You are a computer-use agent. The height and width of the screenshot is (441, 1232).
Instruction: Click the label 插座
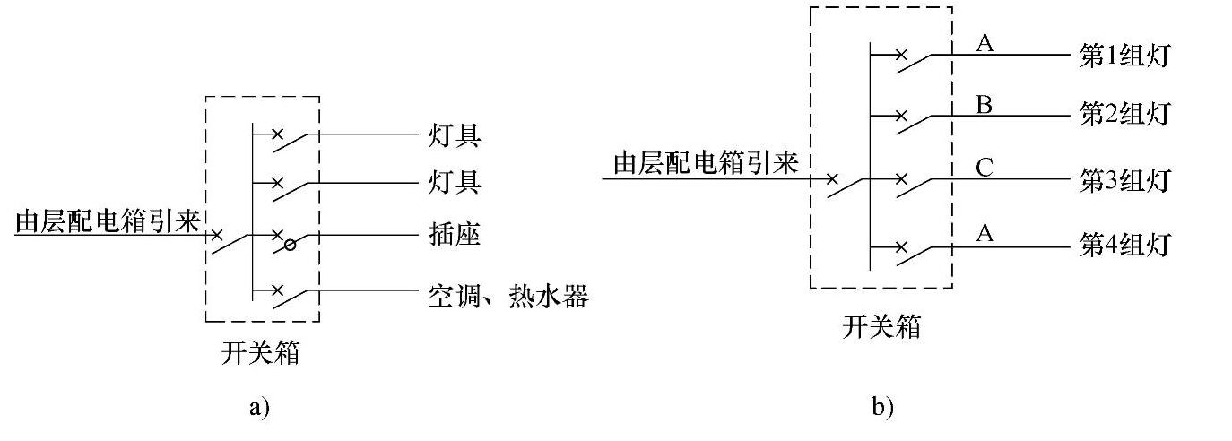pos(454,236)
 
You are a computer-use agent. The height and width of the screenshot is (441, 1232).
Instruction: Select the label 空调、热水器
pos(507,295)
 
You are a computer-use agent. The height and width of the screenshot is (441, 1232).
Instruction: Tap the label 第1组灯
pos(1124,56)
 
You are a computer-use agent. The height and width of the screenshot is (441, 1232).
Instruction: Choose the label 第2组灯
pos(1124,116)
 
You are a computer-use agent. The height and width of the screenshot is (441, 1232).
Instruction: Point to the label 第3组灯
pos(1124,180)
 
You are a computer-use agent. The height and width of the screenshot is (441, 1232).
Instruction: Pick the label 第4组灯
pos(1124,245)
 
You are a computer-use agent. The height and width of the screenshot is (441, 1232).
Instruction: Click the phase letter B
pos(983,104)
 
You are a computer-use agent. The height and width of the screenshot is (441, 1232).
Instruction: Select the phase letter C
pos(983,168)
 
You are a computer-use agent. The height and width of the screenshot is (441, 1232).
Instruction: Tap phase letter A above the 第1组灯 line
pos(983,43)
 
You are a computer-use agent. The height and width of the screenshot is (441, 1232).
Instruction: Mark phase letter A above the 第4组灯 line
pos(983,233)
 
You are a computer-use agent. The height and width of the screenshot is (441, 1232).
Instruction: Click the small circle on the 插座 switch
pos(289,244)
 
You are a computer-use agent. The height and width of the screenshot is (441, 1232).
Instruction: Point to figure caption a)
pos(257,408)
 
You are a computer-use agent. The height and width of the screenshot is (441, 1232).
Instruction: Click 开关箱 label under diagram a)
pos(261,353)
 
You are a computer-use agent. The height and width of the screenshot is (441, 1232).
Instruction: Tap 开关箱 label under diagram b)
pos(881,327)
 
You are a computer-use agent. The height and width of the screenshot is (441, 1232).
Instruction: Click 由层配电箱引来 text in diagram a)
pos(108,221)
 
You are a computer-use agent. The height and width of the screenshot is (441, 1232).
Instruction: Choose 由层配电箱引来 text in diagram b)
pos(706,163)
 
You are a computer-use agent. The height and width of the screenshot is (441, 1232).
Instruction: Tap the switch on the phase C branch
pos(912,186)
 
